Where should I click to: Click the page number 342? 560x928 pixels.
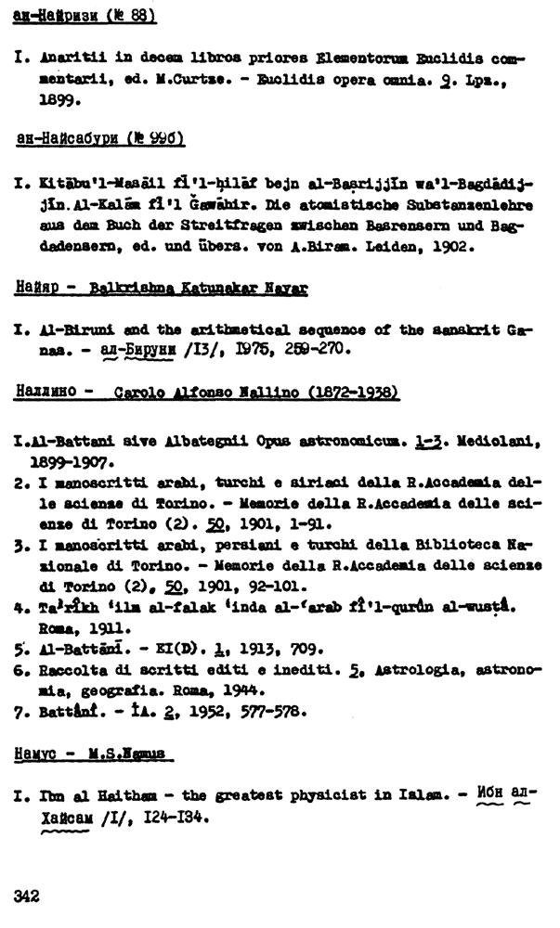pyautogui.click(x=26, y=896)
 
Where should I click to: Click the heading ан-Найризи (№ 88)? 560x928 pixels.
pyautogui.click(x=85, y=17)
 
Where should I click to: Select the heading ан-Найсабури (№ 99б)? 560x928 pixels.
pyautogui.click(x=101, y=139)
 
